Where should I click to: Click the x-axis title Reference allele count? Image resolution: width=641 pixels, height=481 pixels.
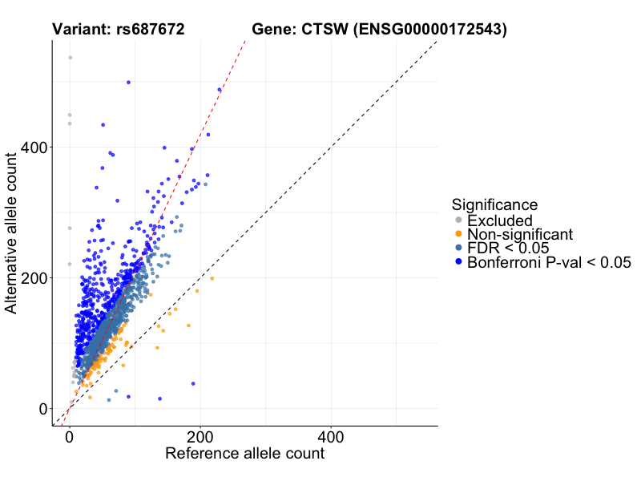[244, 454]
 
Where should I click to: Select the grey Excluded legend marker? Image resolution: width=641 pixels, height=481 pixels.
[458, 220]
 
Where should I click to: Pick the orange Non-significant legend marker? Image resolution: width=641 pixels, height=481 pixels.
[458, 234]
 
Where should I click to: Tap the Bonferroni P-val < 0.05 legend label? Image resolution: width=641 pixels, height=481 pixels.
[550, 262]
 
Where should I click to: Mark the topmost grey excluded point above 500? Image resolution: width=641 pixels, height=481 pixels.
[70, 58]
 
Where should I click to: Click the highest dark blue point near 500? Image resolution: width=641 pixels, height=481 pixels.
[128, 82]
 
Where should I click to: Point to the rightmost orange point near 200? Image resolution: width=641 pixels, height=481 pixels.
[212, 278]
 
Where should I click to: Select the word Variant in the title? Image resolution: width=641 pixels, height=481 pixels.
[78, 30]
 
